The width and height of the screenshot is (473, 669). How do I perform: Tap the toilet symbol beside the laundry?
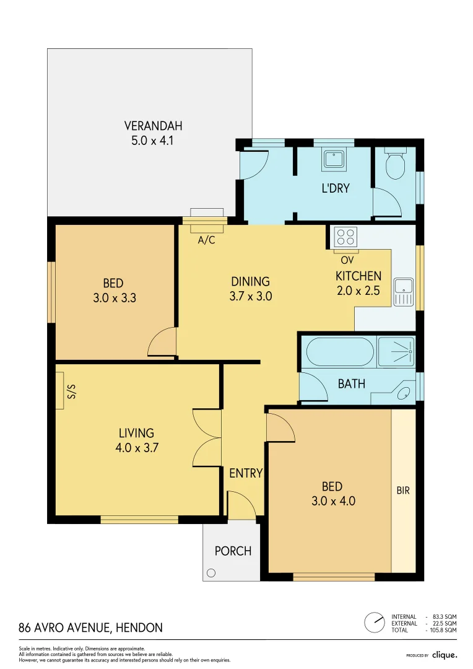[394, 164]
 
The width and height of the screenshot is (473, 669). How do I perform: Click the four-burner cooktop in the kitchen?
[345, 237]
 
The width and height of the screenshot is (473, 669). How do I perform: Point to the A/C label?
[206, 240]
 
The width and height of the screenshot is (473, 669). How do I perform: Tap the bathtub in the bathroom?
[340, 352]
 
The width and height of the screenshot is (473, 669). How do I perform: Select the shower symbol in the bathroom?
[396, 352]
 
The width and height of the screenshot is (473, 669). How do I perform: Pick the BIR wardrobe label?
[403, 491]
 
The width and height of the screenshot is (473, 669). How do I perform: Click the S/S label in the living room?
[71, 391]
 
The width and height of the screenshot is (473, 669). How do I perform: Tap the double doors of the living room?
[207, 437]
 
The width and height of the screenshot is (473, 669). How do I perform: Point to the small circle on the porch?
[212, 572]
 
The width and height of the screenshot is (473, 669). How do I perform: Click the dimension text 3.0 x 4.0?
[333, 501]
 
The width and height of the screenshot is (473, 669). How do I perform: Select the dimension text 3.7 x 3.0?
[250, 296]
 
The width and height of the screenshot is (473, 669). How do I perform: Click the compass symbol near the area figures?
[374, 623]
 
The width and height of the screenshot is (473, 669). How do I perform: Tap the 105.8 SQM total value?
[443, 630]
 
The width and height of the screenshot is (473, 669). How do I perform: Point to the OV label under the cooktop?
[347, 260]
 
